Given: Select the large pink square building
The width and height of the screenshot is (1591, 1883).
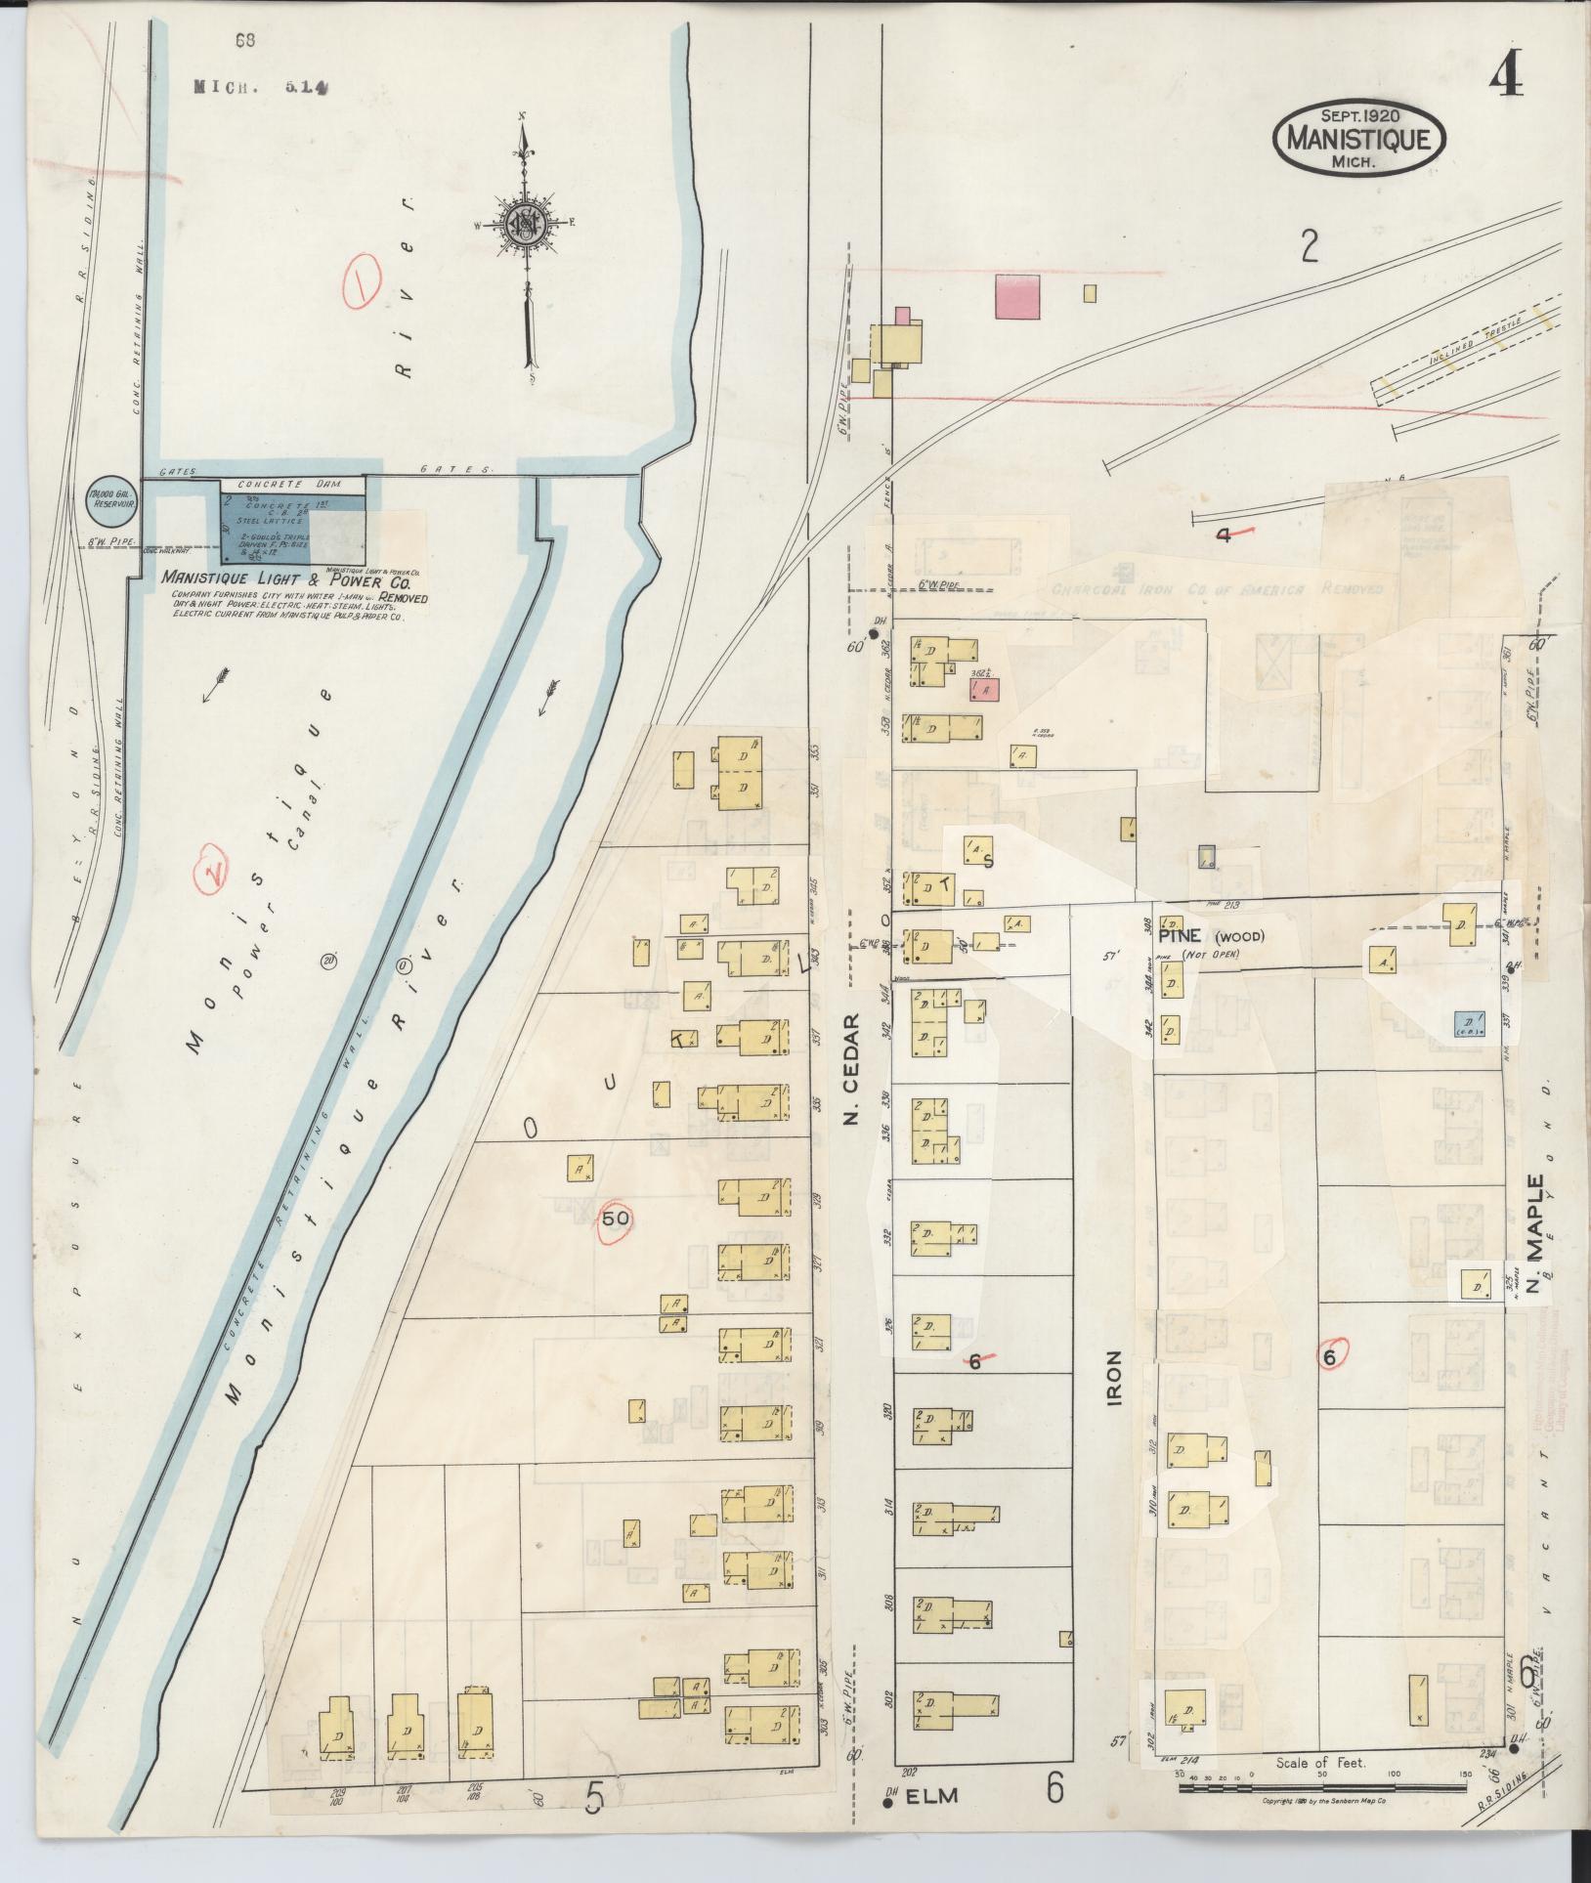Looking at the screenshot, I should (1017, 296).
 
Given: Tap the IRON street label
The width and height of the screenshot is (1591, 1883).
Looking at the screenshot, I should (1114, 1377).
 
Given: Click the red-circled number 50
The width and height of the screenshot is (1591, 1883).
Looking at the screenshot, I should (615, 1220).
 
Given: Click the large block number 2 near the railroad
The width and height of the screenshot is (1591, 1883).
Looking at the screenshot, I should (1310, 248).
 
